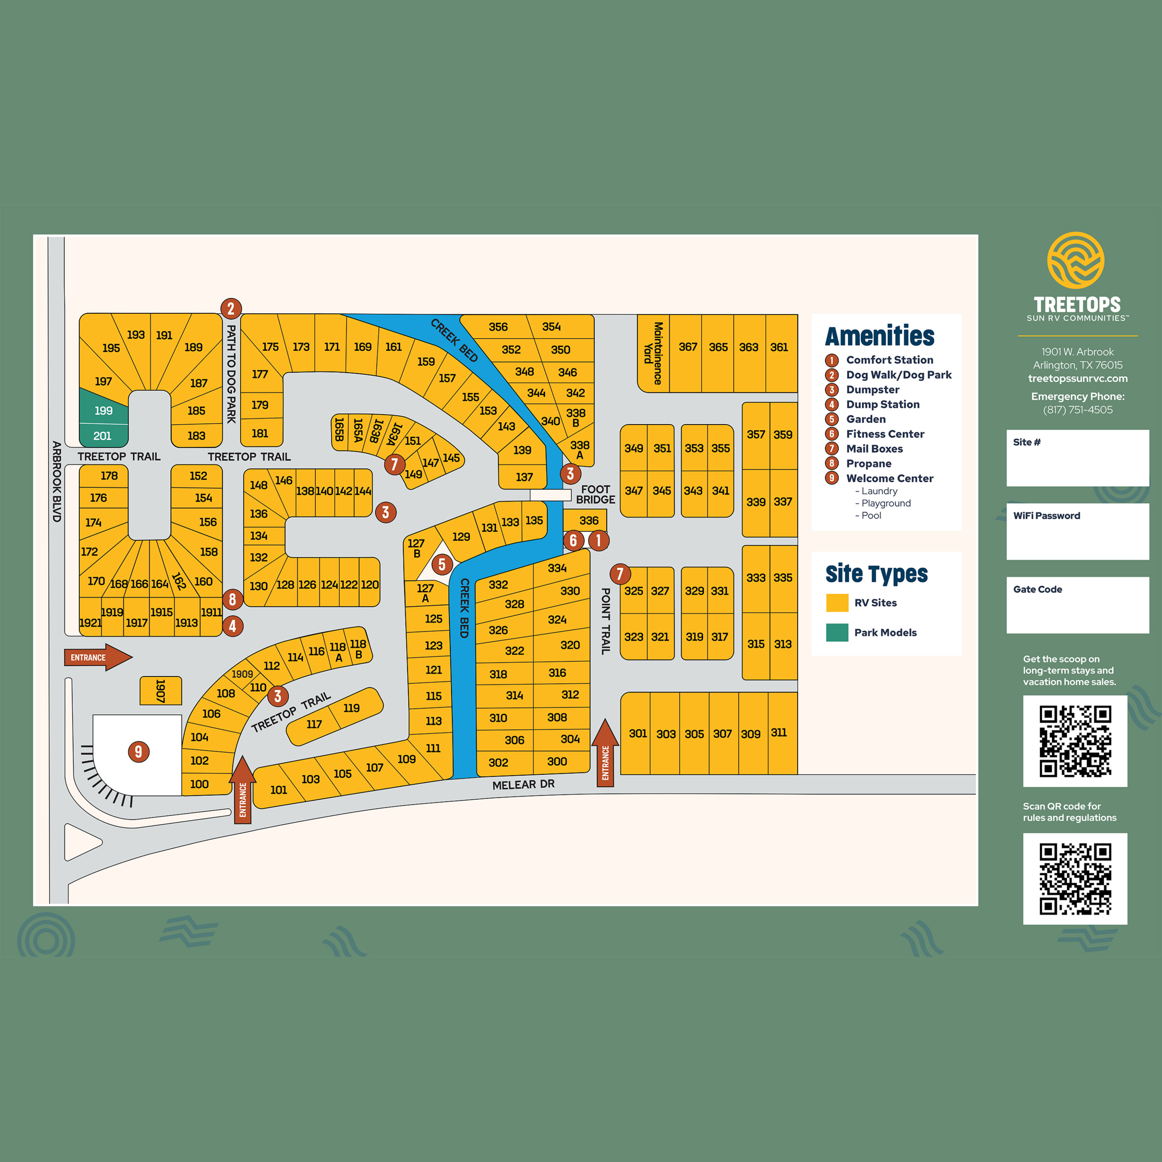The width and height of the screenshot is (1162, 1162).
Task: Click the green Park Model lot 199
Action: [x=103, y=410]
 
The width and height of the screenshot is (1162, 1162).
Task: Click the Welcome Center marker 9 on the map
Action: [x=138, y=751]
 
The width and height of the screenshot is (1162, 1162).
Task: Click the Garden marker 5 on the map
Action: [x=442, y=564]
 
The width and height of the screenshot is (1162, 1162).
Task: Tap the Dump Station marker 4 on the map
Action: [x=233, y=626]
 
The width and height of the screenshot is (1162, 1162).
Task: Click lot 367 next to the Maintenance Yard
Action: [x=687, y=347]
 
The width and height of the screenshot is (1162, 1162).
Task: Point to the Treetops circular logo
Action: [x=1075, y=260]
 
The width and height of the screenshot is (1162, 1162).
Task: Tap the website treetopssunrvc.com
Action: [x=1077, y=378]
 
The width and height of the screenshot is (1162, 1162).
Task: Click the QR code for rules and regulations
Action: [x=1075, y=878]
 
